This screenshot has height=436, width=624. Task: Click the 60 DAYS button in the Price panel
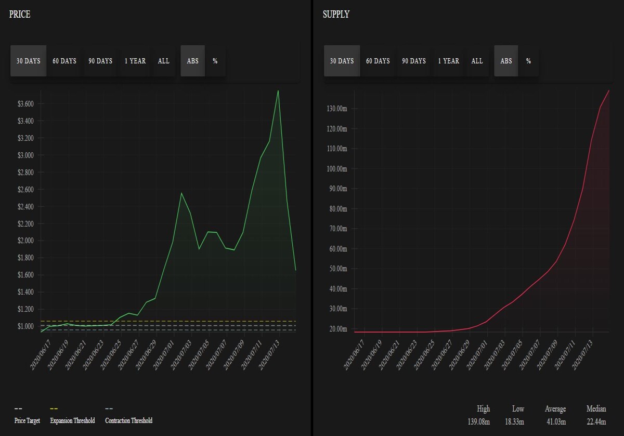click(x=64, y=61)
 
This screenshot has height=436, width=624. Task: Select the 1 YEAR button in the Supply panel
click(x=448, y=61)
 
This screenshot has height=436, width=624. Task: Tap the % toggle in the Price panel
click(x=215, y=61)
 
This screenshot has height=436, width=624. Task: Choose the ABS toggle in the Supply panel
click(x=506, y=61)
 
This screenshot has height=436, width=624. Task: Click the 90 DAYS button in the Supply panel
click(x=414, y=61)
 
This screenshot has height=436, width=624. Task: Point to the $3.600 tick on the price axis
click(x=25, y=104)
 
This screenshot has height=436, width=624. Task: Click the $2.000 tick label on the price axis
click(x=25, y=240)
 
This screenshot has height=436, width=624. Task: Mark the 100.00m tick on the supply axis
click(x=337, y=169)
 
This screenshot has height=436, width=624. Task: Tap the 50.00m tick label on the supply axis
click(x=338, y=269)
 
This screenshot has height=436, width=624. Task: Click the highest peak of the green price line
click(x=278, y=90)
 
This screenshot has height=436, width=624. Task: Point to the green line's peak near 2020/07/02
click(x=181, y=193)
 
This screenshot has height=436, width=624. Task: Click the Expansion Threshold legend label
click(x=72, y=420)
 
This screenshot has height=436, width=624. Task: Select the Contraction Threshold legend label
click(x=129, y=420)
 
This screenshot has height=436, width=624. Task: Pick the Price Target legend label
click(x=27, y=420)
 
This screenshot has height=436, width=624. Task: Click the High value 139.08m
click(x=478, y=421)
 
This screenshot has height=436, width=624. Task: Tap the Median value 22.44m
click(x=596, y=421)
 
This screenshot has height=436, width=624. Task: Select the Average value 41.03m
click(x=556, y=421)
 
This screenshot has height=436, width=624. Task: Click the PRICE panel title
click(x=20, y=14)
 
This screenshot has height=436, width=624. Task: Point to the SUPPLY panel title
click(x=336, y=14)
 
